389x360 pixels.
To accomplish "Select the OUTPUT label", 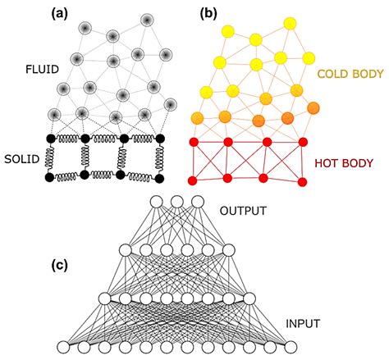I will tap(245, 211).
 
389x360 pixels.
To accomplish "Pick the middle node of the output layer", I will tap(176, 203).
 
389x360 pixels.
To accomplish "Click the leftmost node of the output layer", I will tap(156, 203).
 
